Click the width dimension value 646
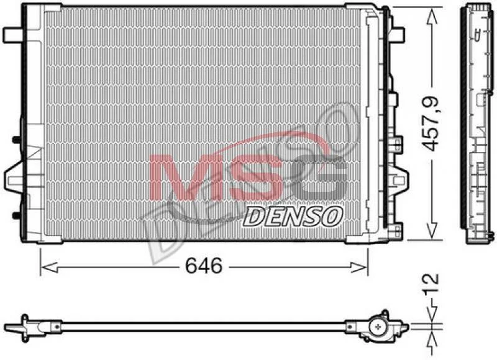(204, 265)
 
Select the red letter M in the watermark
(189, 177)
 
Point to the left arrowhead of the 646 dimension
(50, 268)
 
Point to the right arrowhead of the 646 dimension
(358, 268)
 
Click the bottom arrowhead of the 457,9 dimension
(432, 230)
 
